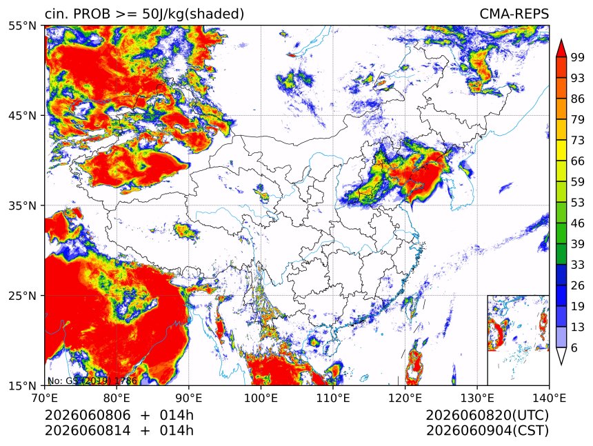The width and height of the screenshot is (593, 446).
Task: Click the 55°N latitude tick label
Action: pos(22,26)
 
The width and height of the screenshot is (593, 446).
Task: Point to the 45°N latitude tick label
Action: pos(22,115)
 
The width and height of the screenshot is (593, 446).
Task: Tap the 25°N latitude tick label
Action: pos(22,295)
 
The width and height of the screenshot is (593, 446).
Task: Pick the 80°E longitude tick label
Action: pos(117,398)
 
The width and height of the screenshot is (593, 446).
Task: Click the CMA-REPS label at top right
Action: pos(514,14)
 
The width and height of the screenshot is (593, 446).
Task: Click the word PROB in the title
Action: pos(92,14)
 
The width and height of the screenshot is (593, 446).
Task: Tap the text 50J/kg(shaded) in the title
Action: pos(193,14)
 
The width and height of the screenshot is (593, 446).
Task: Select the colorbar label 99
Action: pos(578,57)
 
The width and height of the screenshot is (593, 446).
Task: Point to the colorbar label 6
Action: pos(574,347)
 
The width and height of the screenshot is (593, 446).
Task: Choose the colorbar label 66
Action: pos(578,161)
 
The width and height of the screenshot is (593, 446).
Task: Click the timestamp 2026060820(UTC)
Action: pos(487,416)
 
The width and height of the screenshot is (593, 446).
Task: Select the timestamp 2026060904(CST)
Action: pos(487,431)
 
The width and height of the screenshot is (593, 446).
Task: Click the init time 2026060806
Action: pos(88,415)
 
